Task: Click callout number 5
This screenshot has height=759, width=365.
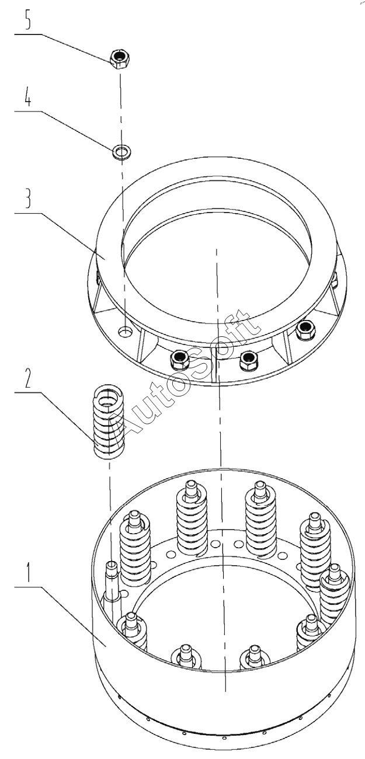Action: (28, 20)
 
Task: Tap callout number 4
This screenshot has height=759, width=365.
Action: (28, 97)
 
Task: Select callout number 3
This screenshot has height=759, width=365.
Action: (28, 199)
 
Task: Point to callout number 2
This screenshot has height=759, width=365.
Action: (28, 378)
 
